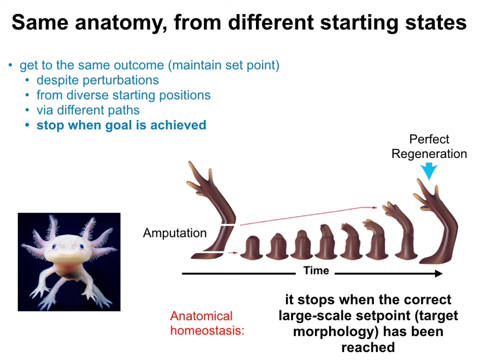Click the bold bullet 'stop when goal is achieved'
tap(121, 125)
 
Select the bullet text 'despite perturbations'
tap(97, 80)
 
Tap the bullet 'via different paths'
tap(88, 110)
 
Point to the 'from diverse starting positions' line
tap(123, 95)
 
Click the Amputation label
tap(175, 233)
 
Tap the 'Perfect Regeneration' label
tap(429, 146)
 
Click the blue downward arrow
tap(429, 171)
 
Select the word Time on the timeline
tap(316, 270)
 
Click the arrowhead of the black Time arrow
tap(439, 273)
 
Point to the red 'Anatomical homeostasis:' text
tap(207, 323)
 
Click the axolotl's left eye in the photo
tap(54, 246)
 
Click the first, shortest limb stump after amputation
tap(251, 247)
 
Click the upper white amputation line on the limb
tap(228, 225)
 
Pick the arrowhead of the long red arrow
tap(374, 207)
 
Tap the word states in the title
tap(436, 22)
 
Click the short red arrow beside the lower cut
tap(233, 252)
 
